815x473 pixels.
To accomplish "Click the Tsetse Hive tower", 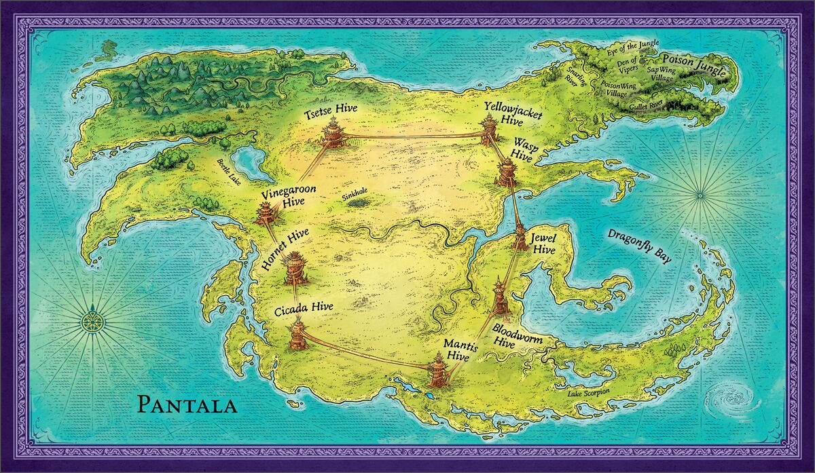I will pyautogui.click(x=333, y=132).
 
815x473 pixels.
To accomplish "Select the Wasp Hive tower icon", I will pyautogui.click(x=507, y=171).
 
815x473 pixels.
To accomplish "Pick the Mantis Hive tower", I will pyautogui.click(x=437, y=373).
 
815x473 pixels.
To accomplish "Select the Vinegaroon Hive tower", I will pyautogui.click(x=265, y=212).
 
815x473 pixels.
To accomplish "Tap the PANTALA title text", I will pyautogui.click(x=187, y=406).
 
